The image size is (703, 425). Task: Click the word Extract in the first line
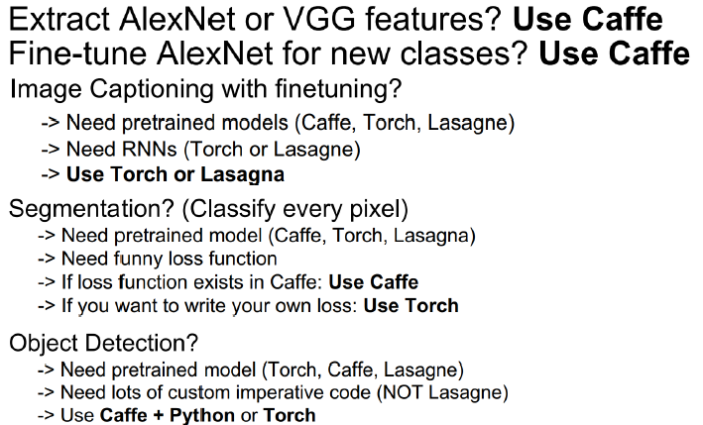pos(59,19)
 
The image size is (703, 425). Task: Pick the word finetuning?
pos(338,89)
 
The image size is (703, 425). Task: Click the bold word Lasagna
pos(242,174)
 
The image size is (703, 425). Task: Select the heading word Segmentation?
pos(91,210)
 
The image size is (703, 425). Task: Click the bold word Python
pos(202,416)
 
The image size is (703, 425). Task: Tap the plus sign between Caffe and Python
pos(158,415)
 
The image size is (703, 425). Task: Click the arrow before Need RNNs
pos(51,150)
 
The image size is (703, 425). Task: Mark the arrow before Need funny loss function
pos(47,260)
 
